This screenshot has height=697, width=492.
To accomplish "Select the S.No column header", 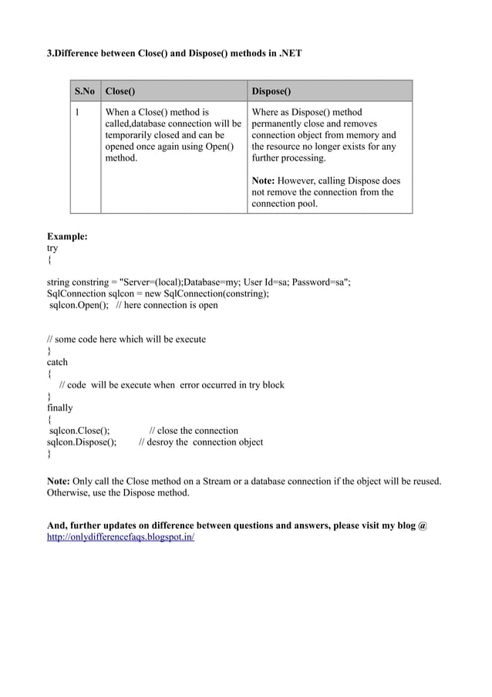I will coord(85,91).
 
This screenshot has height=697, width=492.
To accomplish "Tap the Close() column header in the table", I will coord(120,91).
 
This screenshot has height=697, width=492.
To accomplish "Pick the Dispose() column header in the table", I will coord(271,91).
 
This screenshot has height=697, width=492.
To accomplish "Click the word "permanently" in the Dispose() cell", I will coord(280,123).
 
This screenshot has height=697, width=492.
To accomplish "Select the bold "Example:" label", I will coord(67,237).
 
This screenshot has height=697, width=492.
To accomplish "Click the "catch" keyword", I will coord(57,362).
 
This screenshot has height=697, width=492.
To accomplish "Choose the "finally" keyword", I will coord(60,408).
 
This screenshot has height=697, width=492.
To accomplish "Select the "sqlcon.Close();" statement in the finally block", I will coord(79,431).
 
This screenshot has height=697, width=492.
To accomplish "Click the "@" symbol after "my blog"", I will coord(423,526).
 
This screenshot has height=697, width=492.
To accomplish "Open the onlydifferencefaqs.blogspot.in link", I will coord(121,537).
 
